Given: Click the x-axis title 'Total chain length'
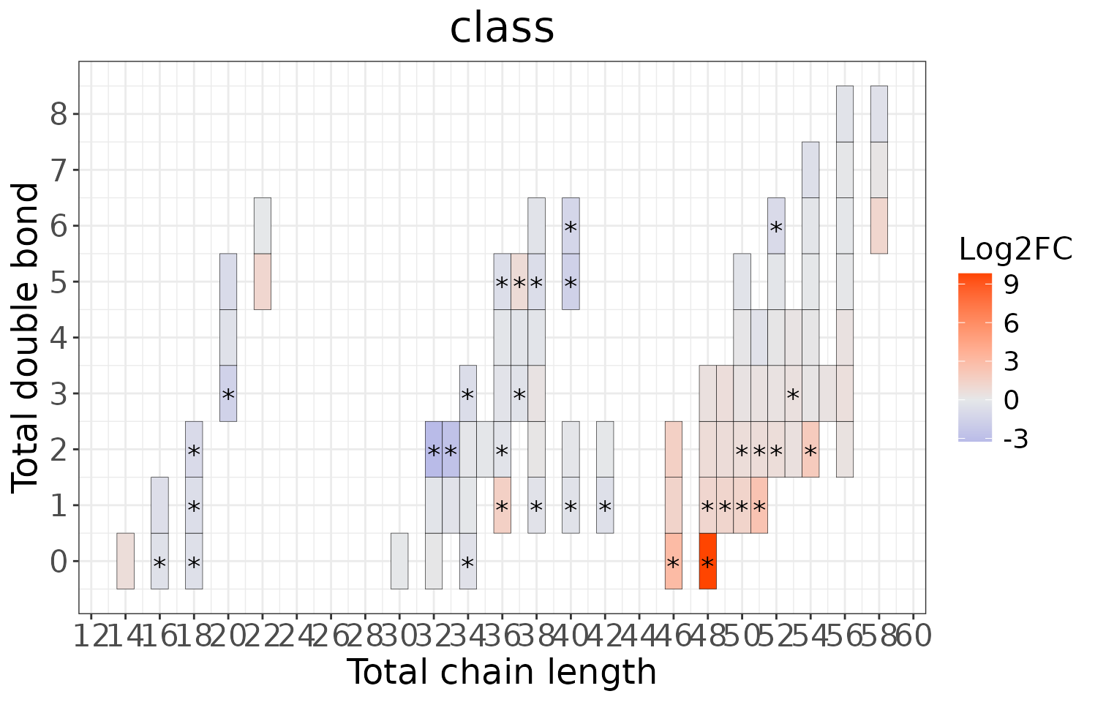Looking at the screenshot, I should pyautogui.click(x=501, y=672).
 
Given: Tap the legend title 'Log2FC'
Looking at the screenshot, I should pyautogui.click(x=1015, y=250).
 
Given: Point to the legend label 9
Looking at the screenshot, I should pyautogui.click(x=1012, y=285).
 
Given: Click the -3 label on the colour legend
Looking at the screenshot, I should pyautogui.click(x=1015, y=439).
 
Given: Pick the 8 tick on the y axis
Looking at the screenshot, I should pyautogui.click(x=60, y=114).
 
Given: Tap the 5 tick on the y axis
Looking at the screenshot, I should pyautogui.click(x=60, y=282).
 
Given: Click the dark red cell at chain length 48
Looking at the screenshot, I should pyautogui.click(x=707, y=561).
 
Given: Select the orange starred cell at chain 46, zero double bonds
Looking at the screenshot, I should pyautogui.click(x=673, y=561).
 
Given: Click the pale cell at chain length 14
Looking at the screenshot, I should pyautogui.click(x=125, y=561).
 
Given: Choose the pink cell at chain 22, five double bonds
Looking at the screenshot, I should pyautogui.click(x=262, y=282).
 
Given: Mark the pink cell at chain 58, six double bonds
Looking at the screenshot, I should pyautogui.click(x=878, y=225).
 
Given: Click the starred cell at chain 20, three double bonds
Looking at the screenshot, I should pyautogui.click(x=228, y=393).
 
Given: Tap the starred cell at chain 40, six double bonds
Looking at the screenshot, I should pyautogui.click(x=571, y=225).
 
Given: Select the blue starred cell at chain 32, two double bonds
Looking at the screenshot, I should pyautogui.click(x=433, y=449).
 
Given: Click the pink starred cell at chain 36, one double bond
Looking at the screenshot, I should pyautogui.click(x=502, y=505).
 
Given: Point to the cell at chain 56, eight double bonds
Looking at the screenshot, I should pyautogui.click(x=844, y=113).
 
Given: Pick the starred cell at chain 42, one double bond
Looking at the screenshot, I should pyautogui.click(x=604, y=505).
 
